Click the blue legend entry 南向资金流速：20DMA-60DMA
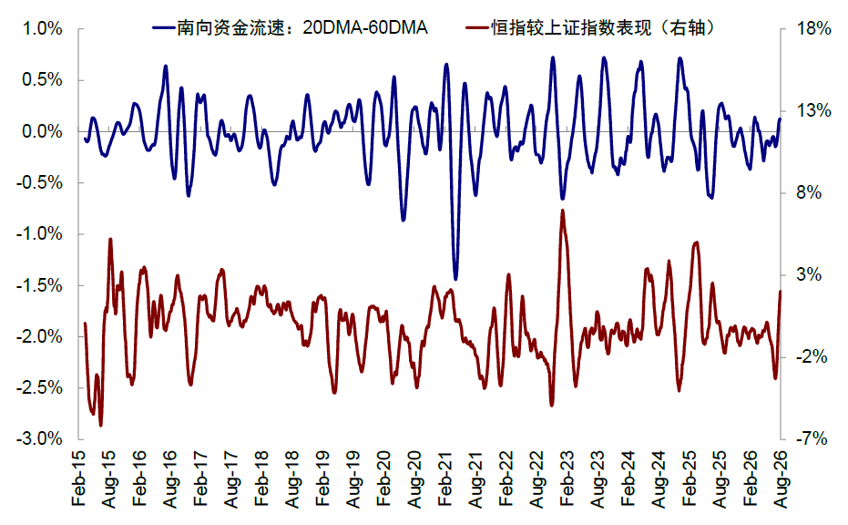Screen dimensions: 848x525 (x=291, y=27)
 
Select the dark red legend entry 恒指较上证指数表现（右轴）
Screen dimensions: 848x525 (x=590, y=27)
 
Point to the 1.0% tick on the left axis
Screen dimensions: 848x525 (x=42, y=28)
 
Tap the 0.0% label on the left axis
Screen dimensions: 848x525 (x=42, y=131)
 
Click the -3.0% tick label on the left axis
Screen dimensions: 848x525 (x=39, y=439)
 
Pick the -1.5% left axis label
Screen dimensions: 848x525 (x=39, y=285)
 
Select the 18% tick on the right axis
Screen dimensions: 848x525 (x=812, y=28)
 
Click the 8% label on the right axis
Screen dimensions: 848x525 (x=809, y=192)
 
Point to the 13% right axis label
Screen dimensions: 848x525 (x=812, y=111)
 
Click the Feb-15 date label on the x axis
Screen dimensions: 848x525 (x=79, y=479)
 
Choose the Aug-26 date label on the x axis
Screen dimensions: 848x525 (x=781, y=479)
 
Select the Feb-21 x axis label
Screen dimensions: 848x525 (x=445, y=479)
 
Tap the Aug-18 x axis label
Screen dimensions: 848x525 (x=292, y=479)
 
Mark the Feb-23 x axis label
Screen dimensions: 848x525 (x=567, y=479)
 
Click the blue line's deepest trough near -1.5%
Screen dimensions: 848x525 (x=455, y=279)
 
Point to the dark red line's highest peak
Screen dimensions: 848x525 (x=563, y=210)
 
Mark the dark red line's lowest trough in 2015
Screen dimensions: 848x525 (x=100, y=426)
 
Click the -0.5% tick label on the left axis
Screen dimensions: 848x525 (x=39, y=183)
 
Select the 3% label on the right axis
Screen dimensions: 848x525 (x=809, y=274)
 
